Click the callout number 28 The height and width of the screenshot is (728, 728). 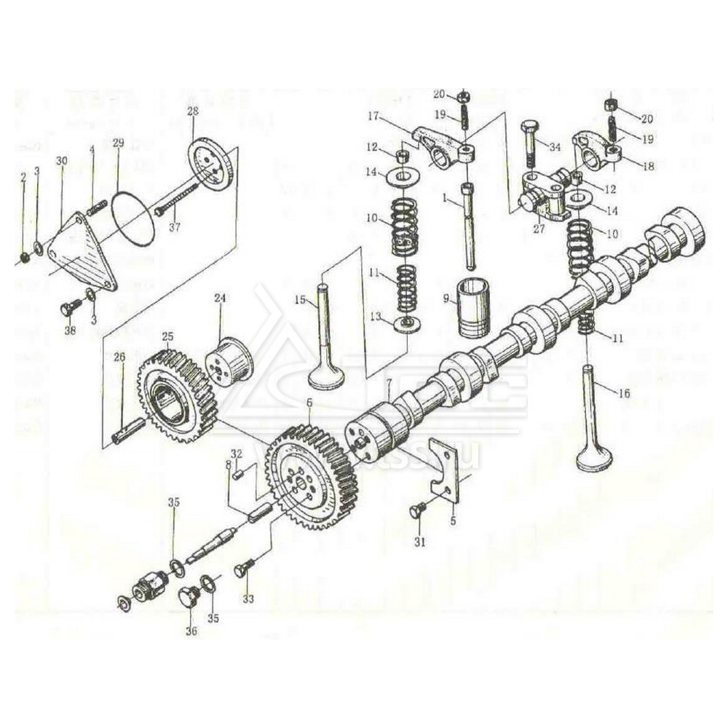192,111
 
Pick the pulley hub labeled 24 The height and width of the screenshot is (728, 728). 228,360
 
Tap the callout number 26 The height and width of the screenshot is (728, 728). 119,357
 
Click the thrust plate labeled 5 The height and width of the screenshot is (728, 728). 446,469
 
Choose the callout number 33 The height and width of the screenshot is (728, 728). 248,599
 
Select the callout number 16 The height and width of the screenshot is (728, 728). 623,394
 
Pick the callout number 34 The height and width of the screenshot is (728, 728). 555,147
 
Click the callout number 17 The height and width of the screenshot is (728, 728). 394,116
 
